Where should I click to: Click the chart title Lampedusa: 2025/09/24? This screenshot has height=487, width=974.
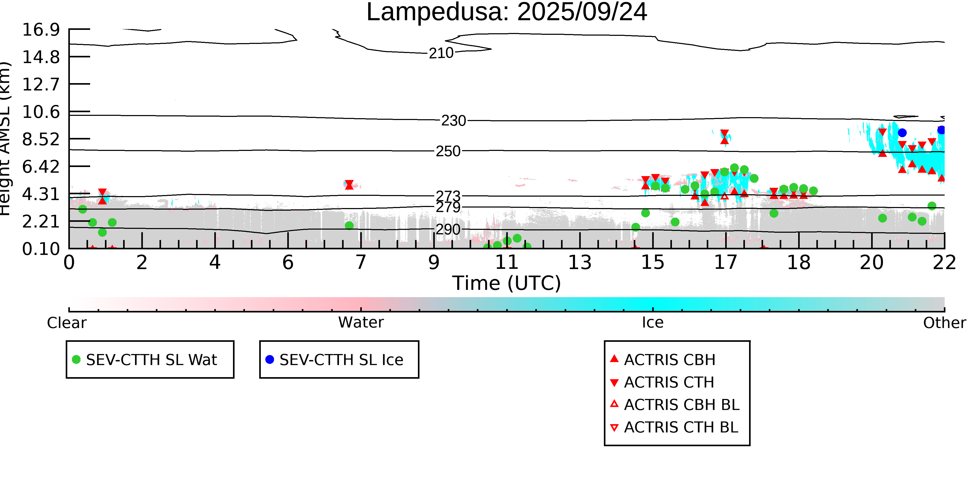click(x=507, y=12)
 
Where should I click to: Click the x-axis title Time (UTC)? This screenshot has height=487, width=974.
click(x=507, y=283)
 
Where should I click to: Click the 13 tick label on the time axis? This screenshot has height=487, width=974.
click(x=580, y=262)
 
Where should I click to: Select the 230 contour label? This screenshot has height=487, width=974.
click(x=454, y=121)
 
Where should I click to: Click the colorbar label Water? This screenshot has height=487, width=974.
click(x=361, y=323)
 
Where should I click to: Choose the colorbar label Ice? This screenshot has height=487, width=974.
click(x=653, y=323)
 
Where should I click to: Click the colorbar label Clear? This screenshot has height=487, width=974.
click(x=66, y=323)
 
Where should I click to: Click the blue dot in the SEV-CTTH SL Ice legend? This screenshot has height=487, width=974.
click(x=270, y=359)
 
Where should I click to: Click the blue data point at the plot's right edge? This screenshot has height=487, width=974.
click(x=941, y=130)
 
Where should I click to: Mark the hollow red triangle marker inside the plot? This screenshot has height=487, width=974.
click(x=724, y=196)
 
